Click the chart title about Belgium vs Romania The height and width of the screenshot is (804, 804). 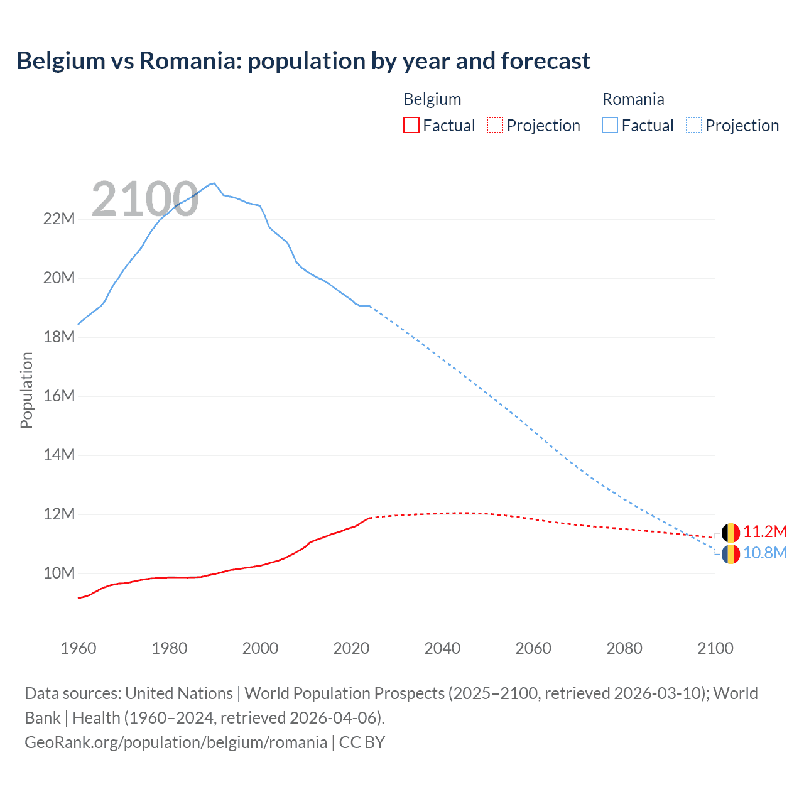click(x=303, y=61)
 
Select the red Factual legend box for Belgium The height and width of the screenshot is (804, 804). click(x=411, y=125)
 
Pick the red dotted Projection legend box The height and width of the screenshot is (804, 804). click(x=495, y=125)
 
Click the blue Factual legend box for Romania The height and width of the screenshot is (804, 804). click(x=610, y=125)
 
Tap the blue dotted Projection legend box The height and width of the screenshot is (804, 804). click(x=693, y=125)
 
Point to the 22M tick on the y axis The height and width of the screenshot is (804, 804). click(x=59, y=219)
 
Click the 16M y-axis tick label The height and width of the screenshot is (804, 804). click(x=59, y=396)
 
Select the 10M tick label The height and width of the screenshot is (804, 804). click(x=59, y=573)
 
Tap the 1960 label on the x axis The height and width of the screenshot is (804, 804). click(x=79, y=648)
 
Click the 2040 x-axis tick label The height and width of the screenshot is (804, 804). click(x=442, y=648)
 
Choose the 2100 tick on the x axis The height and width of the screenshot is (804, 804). click(x=715, y=648)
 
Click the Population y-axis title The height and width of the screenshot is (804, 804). click(x=26, y=390)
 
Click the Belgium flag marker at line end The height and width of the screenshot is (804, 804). click(x=731, y=533)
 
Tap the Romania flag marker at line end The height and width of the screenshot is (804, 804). click(x=731, y=554)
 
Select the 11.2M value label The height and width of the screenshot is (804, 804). click(x=764, y=532)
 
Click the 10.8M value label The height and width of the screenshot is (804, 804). click(x=764, y=553)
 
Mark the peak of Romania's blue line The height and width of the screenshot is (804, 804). click(x=214, y=183)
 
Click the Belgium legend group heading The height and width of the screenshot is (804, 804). click(x=432, y=99)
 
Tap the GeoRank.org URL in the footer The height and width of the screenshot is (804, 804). click(x=176, y=742)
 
